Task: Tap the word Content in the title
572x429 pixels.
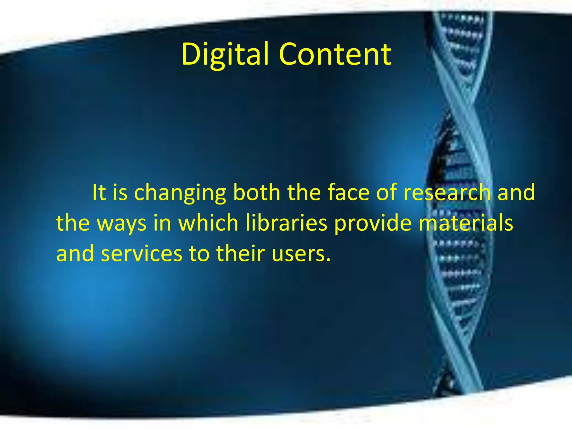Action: click(335, 54)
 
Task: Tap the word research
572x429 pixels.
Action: click(447, 193)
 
